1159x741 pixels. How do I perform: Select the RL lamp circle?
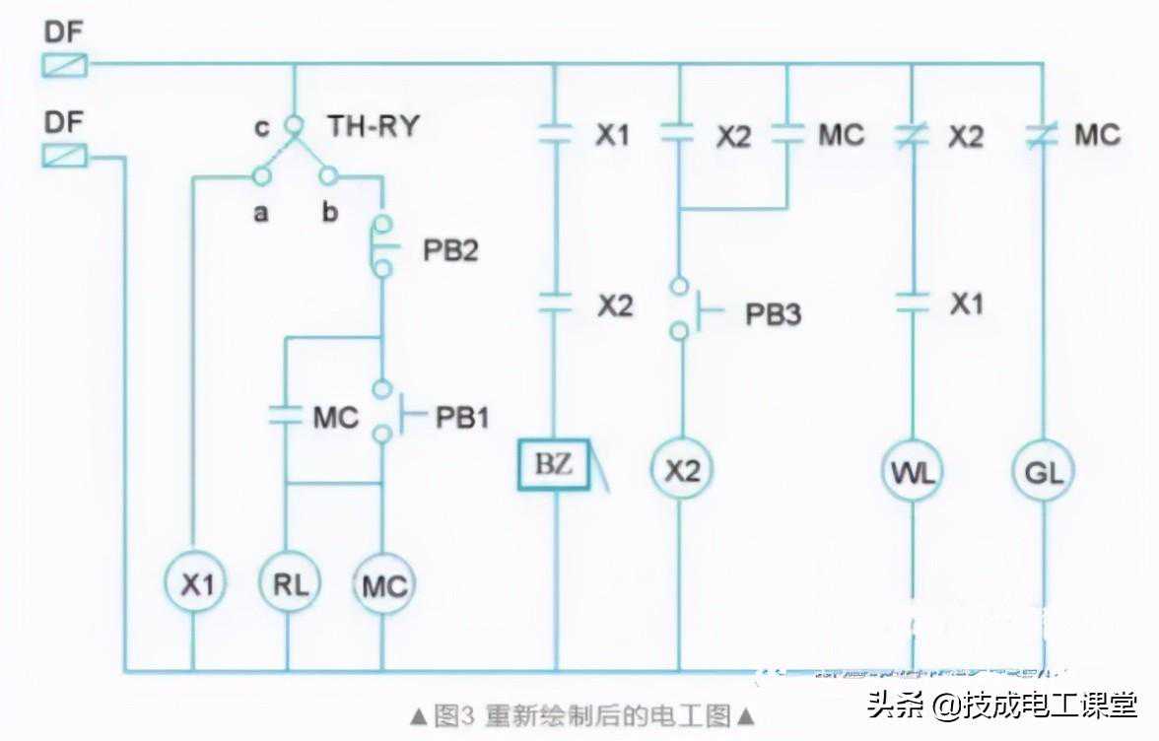pyautogui.click(x=289, y=584)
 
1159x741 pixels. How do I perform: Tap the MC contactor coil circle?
pyautogui.click(x=383, y=586)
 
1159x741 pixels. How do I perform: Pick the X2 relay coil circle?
pyautogui.click(x=681, y=471)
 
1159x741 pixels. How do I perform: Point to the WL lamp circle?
pyautogui.click(x=912, y=472)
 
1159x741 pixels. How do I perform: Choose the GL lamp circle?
pyautogui.click(x=1043, y=472)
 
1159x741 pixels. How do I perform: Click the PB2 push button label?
pyautogui.click(x=451, y=249)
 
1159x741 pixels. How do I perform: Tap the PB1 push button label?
pyautogui.click(x=462, y=417)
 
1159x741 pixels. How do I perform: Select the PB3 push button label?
pyautogui.click(x=773, y=314)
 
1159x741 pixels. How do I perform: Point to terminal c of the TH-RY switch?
pyautogui.click(x=293, y=126)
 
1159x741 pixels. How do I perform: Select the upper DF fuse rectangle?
pyautogui.click(x=64, y=66)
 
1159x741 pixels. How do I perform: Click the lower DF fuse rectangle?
pyautogui.click(x=64, y=156)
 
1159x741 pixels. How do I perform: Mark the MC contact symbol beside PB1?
pyautogui.click(x=285, y=415)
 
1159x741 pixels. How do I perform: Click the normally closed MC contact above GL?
pyautogui.click(x=1042, y=135)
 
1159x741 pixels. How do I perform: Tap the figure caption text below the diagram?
pyautogui.click(x=582, y=712)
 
